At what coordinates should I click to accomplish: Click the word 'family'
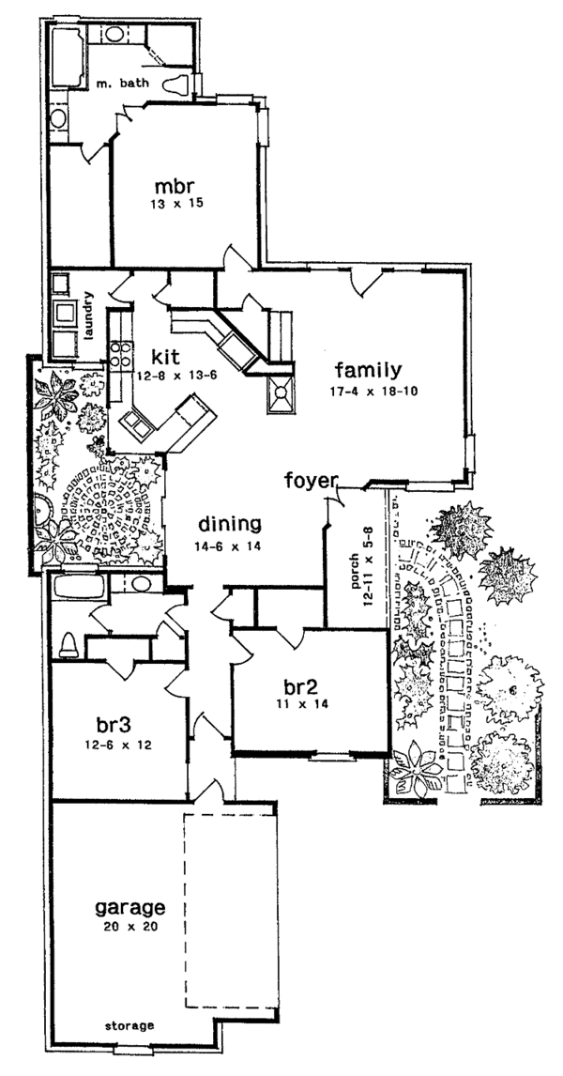373,368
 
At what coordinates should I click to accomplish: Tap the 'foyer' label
311,482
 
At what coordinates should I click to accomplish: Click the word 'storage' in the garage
129,1025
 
